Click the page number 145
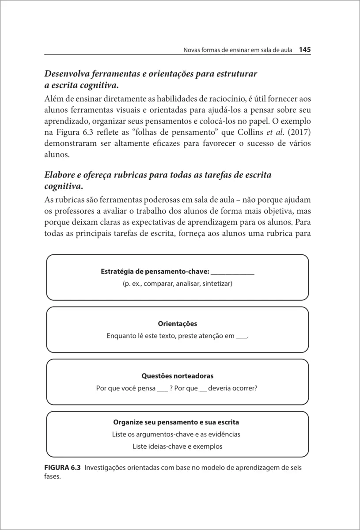point(305,50)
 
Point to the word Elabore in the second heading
point(61,175)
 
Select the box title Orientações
point(178,324)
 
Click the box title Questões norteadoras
point(178,376)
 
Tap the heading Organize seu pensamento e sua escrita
point(176,422)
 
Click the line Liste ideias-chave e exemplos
point(178,446)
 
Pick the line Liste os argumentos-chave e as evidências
point(176,434)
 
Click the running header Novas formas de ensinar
point(238,50)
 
